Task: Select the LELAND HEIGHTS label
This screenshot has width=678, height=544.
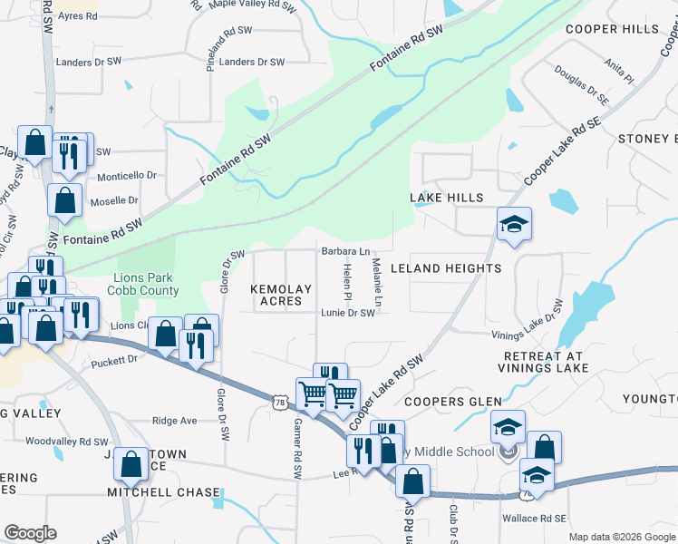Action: tap(445, 268)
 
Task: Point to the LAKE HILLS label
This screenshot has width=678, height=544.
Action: tap(446, 198)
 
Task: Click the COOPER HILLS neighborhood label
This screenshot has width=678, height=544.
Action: tap(612, 29)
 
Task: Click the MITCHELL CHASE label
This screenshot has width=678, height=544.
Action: tap(163, 492)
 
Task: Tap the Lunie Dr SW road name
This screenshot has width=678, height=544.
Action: tap(347, 313)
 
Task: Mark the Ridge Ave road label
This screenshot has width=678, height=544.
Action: tap(175, 421)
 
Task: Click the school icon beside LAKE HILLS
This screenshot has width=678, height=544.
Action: tap(514, 225)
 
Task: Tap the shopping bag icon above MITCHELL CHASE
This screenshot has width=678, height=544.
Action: tap(131, 464)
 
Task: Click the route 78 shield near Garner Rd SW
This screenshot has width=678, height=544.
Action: tap(280, 399)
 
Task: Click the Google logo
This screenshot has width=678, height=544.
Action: tap(30, 533)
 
